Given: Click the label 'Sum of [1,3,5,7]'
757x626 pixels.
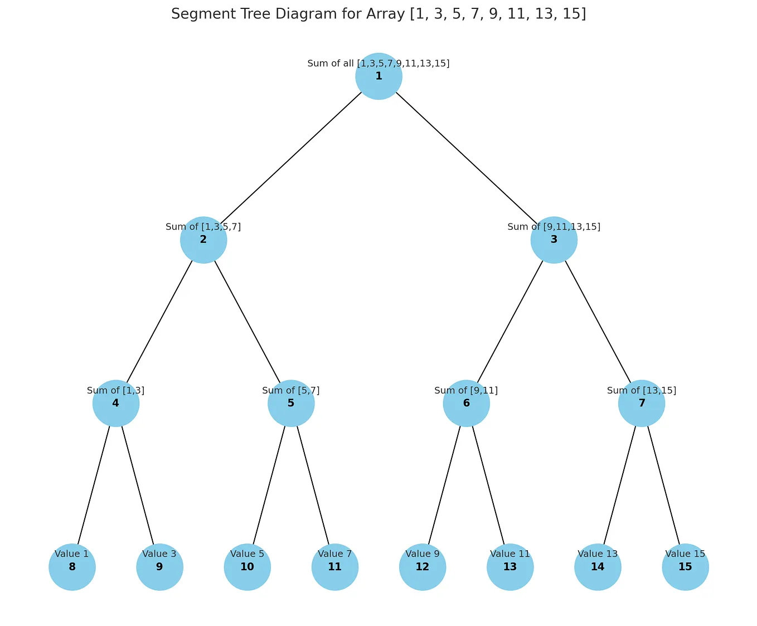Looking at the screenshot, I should tap(203, 227).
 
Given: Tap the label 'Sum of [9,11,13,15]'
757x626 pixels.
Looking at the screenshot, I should tap(554, 227).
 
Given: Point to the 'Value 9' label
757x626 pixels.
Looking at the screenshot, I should tap(423, 554).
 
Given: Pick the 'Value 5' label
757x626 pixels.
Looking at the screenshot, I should tap(247, 554).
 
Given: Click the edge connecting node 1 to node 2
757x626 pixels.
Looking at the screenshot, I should tap(291, 158).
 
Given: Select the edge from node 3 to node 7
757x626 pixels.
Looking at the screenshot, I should tap(598, 322).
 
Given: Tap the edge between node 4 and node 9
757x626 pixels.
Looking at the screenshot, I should tap(138, 486).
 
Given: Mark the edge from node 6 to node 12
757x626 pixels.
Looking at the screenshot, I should tap(444, 486).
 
